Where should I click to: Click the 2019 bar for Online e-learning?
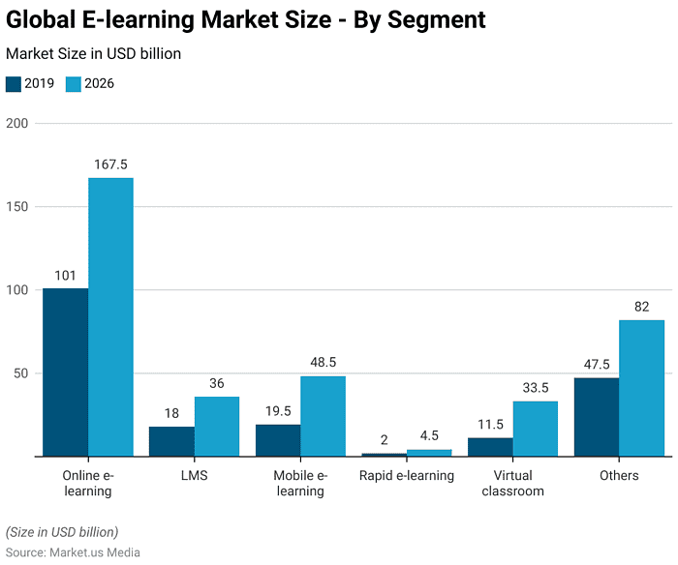coord(65,372)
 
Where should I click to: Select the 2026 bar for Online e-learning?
coord(110,316)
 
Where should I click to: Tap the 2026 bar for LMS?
coord(217,427)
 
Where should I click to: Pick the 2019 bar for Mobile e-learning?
coord(278,440)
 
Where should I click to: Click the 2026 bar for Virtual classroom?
coord(536,429)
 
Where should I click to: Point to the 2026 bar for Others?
coord(641,388)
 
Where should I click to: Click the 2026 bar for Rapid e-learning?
coord(429,453)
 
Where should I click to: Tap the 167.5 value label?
coord(110,164)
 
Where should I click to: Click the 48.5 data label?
coord(323,362)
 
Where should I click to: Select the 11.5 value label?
coord(490,424)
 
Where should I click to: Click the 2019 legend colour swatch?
coord(13,84)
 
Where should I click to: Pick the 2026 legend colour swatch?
coord(74,84)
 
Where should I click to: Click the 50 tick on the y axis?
coord(20,373)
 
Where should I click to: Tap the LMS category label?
coord(194,475)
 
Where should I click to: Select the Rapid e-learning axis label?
coord(406,475)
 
